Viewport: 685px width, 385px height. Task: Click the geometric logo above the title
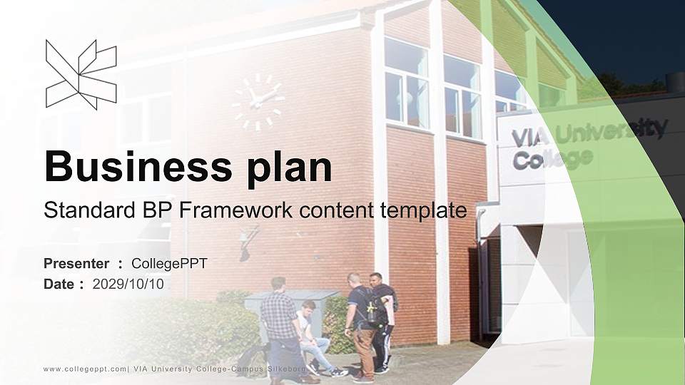click(81, 74)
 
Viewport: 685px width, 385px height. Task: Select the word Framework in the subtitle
click(235, 210)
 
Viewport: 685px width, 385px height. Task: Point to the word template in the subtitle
click(423, 211)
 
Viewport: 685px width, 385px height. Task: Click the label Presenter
click(76, 264)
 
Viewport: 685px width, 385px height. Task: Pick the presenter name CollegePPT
click(169, 264)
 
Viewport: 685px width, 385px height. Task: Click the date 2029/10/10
click(128, 284)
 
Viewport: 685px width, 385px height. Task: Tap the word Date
click(59, 284)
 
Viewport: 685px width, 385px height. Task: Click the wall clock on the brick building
click(258, 103)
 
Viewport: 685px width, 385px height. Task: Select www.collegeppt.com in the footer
click(85, 369)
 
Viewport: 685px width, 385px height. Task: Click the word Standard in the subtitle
click(90, 210)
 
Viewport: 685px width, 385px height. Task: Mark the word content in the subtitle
click(336, 211)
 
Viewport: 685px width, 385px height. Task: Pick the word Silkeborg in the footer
click(287, 369)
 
